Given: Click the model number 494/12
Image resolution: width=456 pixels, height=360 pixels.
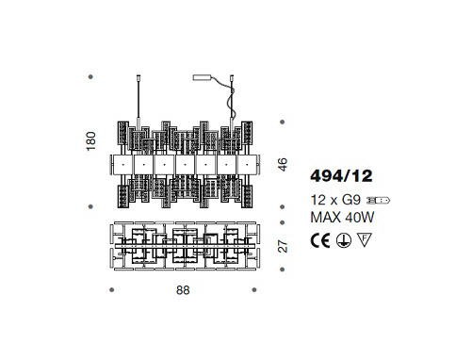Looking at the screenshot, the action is (341, 176).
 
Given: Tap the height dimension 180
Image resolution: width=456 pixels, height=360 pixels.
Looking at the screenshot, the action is (90, 141).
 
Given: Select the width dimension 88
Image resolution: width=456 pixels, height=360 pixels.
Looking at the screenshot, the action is (183, 290).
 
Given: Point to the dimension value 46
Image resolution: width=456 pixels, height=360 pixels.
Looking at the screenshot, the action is (283, 164).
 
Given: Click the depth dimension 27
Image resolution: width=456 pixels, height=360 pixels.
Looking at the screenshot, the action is (283, 246).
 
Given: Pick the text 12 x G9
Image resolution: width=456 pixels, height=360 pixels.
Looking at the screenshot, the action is (335, 200).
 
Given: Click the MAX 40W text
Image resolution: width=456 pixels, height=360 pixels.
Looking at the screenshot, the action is (342, 218).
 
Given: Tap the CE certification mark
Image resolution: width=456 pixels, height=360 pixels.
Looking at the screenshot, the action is (320, 240).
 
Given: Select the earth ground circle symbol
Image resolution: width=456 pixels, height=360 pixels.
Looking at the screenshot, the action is (344, 240).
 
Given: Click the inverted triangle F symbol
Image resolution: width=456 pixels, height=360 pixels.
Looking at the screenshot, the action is (365, 238).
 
